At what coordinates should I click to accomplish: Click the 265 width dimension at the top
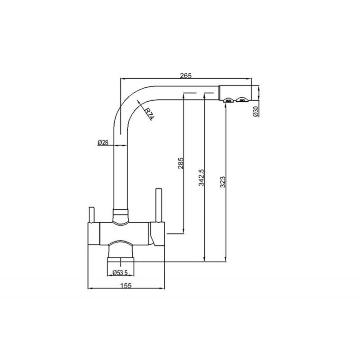tap(183, 76)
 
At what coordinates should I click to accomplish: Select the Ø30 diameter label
tap(255, 111)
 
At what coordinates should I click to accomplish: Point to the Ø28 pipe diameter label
tap(103, 143)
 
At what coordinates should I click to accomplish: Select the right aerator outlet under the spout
tap(243, 100)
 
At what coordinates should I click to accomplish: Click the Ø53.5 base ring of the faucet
tap(120, 261)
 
